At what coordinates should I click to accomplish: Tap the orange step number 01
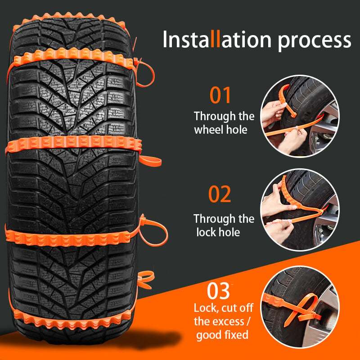(x=220, y=96)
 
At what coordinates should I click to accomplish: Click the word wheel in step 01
(x=210, y=130)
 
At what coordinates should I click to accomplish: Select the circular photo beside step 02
(x=299, y=208)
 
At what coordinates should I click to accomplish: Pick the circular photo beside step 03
(x=299, y=306)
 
